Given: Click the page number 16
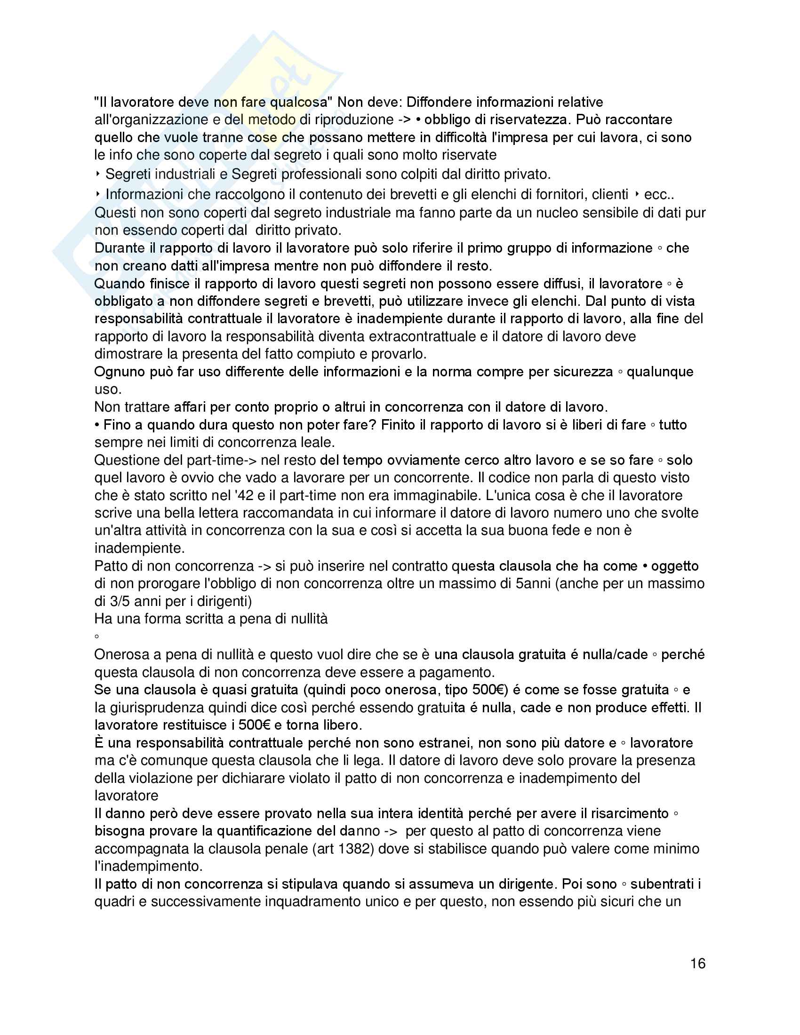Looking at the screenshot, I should (697, 963).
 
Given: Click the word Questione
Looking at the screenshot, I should (127, 460).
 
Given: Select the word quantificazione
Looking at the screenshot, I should (272, 831).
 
